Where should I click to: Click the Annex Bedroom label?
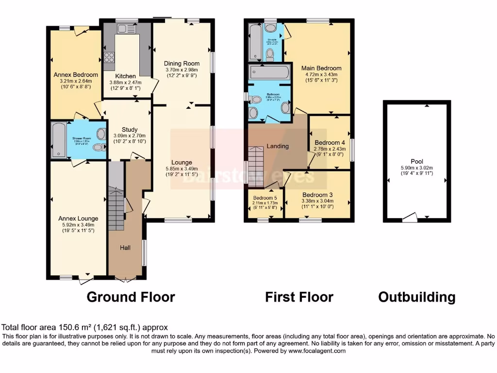pos(75,75)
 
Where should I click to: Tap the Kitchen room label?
pos(125,76)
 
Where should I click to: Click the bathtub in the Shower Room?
pos(59,140)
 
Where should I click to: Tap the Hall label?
pos(125,248)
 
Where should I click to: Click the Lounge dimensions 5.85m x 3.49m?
pos(182,170)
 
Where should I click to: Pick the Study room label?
pos(130,129)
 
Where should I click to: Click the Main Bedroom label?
pos(321,68)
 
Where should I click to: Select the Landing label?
pos(278,146)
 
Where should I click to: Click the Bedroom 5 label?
pos(265,198)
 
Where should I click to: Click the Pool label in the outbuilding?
pos(416,162)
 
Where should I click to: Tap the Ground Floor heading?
pos(131,297)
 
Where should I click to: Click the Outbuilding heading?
pos(416,297)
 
